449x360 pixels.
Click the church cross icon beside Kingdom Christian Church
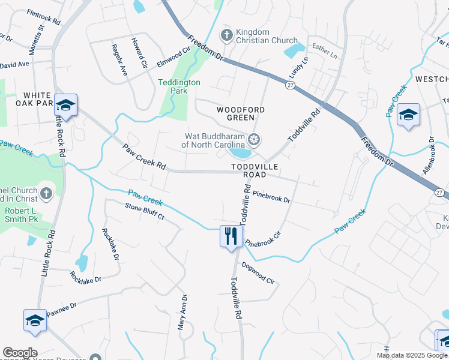(x=227, y=35)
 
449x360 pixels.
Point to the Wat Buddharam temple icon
(x=254, y=140)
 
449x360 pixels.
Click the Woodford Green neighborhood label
(x=240, y=113)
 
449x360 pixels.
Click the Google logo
(x=20, y=352)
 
